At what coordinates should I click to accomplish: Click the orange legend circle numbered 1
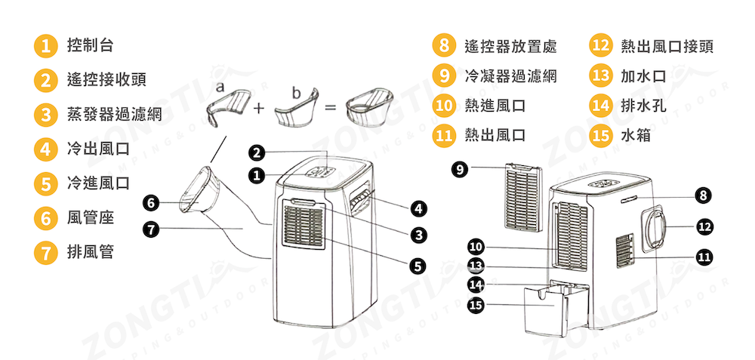[46, 45]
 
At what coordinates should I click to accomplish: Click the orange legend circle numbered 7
[46, 253]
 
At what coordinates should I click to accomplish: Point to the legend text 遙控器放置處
[511, 46]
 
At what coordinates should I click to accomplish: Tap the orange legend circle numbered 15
[601, 136]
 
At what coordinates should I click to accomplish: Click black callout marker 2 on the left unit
[257, 153]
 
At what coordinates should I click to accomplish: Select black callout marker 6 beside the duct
[151, 202]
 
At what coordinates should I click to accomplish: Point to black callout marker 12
[704, 226]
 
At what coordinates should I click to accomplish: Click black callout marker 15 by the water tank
[475, 305]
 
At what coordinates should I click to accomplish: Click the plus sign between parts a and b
[258, 108]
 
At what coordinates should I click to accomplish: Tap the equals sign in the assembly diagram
[329, 108]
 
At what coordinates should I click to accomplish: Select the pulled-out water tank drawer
[546, 309]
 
